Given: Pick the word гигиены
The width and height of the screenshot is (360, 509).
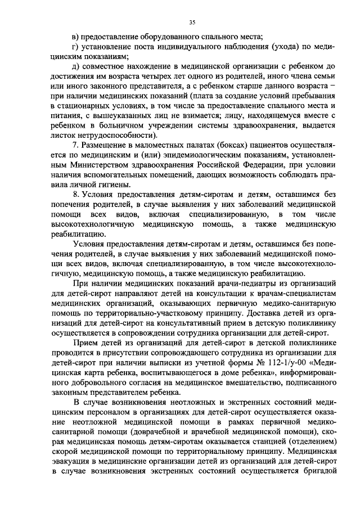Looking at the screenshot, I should click(x=113, y=184).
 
